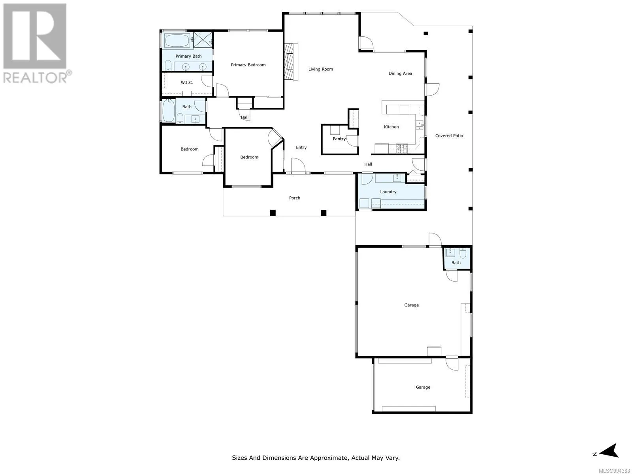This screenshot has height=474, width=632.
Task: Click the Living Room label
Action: (x=320, y=69)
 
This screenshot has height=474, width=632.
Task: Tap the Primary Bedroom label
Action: (x=248, y=65)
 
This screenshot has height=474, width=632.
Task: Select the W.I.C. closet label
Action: (x=187, y=83)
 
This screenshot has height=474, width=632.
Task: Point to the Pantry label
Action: (x=339, y=139)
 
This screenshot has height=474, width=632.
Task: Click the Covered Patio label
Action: (x=449, y=135)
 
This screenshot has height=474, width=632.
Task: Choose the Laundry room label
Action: (x=388, y=192)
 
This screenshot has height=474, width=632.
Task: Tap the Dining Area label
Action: (x=400, y=73)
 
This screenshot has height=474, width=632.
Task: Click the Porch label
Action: (x=295, y=198)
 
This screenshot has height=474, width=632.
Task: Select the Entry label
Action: (x=301, y=147)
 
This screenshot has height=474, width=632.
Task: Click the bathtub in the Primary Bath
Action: (x=177, y=41)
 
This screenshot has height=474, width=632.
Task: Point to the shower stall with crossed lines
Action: (x=203, y=40)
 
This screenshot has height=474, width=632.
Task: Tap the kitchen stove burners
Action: (x=402, y=148)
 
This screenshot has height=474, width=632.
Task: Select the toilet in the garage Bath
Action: (x=463, y=253)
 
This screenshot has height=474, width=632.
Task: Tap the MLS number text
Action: (x=614, y=471)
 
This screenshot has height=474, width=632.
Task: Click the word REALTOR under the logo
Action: (x=35, y=78)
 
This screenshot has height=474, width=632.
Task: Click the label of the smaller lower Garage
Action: (x=423, y=387)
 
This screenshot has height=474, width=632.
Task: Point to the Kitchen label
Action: (x=391, y=127)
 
